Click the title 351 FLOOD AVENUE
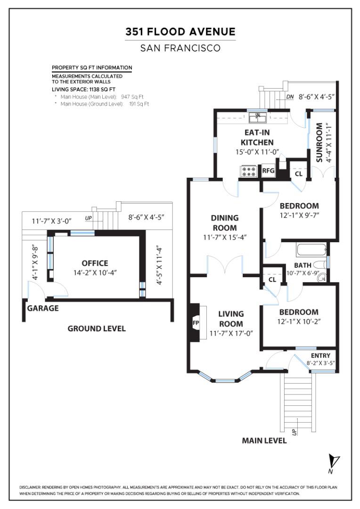180,32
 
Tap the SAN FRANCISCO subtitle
180,48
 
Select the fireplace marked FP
195,323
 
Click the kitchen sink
258,115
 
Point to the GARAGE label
43,308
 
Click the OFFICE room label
95,263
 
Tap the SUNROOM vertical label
319,143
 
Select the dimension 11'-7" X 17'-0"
231,334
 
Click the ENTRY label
320,355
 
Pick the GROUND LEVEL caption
97,328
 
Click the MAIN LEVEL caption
264,441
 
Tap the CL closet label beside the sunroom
298,173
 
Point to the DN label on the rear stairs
290,98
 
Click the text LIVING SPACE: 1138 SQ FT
83,89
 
